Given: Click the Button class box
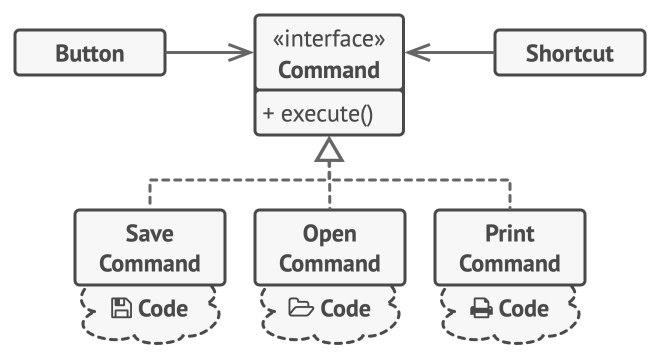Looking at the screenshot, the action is coord(90,53).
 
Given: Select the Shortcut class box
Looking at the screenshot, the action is coord(570,53).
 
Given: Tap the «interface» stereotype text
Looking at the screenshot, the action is coord(329,39).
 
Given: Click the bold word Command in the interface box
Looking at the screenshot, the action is coord(329,70).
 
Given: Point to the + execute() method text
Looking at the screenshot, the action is coord(317,114).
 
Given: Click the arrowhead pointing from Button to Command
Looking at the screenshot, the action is coord(242,53).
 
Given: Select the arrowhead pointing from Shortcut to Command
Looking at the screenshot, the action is coord(418,53).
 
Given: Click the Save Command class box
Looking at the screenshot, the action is coord(150,248).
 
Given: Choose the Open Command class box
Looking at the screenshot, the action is coord(330,248).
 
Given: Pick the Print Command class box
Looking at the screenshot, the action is coord(510,248).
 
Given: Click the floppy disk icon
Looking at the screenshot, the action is coord(121,308).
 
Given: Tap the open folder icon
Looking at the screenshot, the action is coord(301,307).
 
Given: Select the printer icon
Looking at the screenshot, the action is coord(481,308).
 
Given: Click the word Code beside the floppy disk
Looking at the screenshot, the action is coord(163,309).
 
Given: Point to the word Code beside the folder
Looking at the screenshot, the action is coord(346,309).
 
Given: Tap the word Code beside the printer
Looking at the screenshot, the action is coord(524,309).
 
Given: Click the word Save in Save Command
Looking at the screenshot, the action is coord(149,233).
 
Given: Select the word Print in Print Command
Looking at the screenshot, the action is coord(510,233).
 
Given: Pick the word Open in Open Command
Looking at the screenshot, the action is coord(330,234).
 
